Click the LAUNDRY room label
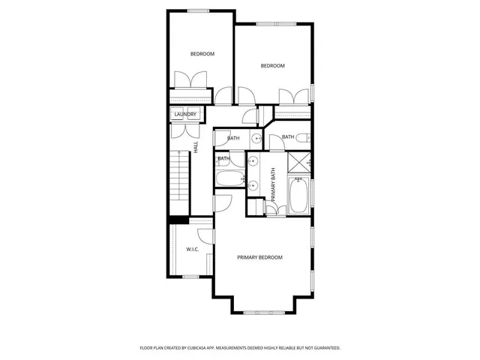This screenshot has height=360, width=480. tap(185, 114)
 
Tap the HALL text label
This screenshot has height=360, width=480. tap(196, 148)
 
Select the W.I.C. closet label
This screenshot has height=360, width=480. tap(192, 249)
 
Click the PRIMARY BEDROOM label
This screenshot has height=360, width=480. tap(259, 257)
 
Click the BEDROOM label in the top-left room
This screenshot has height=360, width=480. tap(202, 54)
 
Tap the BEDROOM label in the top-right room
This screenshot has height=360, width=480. tap(272, 66)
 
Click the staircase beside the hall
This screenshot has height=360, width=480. tap(179, 175)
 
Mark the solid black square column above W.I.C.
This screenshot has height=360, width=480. tap(178, 220)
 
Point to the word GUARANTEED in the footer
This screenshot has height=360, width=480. tap(324, 348)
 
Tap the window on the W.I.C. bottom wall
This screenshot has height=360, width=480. tap(190, 277)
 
